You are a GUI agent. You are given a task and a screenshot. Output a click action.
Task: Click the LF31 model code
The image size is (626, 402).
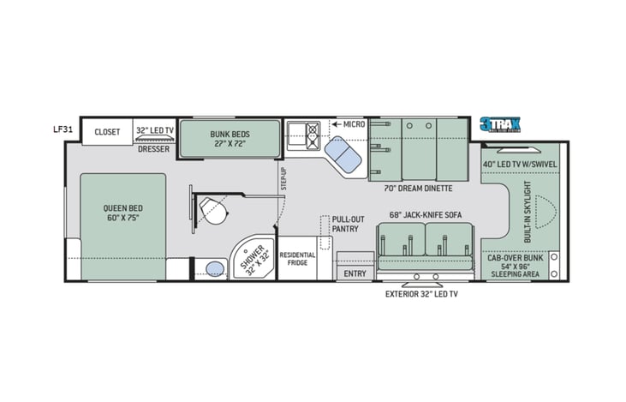point(62,130)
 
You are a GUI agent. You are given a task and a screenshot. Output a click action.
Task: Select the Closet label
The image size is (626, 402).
point(108,132)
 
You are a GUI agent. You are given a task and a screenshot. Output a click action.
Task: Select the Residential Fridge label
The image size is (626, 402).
point(297,260)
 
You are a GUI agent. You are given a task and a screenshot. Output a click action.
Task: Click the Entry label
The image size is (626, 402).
point(355,273)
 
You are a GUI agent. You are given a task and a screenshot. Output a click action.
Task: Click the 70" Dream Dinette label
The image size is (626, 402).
point(420,188)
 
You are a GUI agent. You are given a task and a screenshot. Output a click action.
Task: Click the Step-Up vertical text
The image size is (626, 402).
point(283,178)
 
